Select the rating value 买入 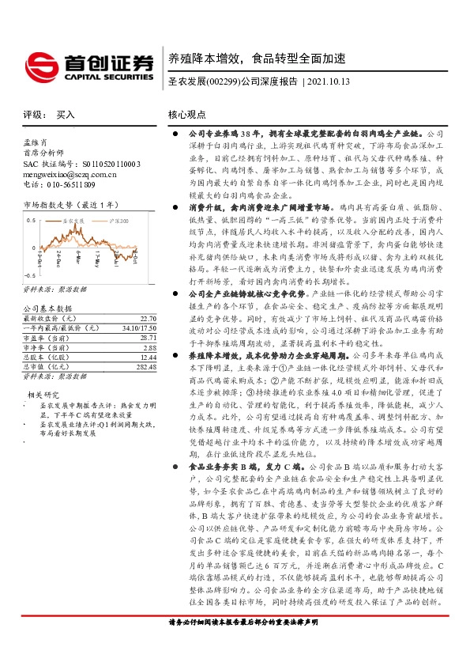(66, 115)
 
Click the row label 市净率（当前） (47, 324)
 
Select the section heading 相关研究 (45, 372)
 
